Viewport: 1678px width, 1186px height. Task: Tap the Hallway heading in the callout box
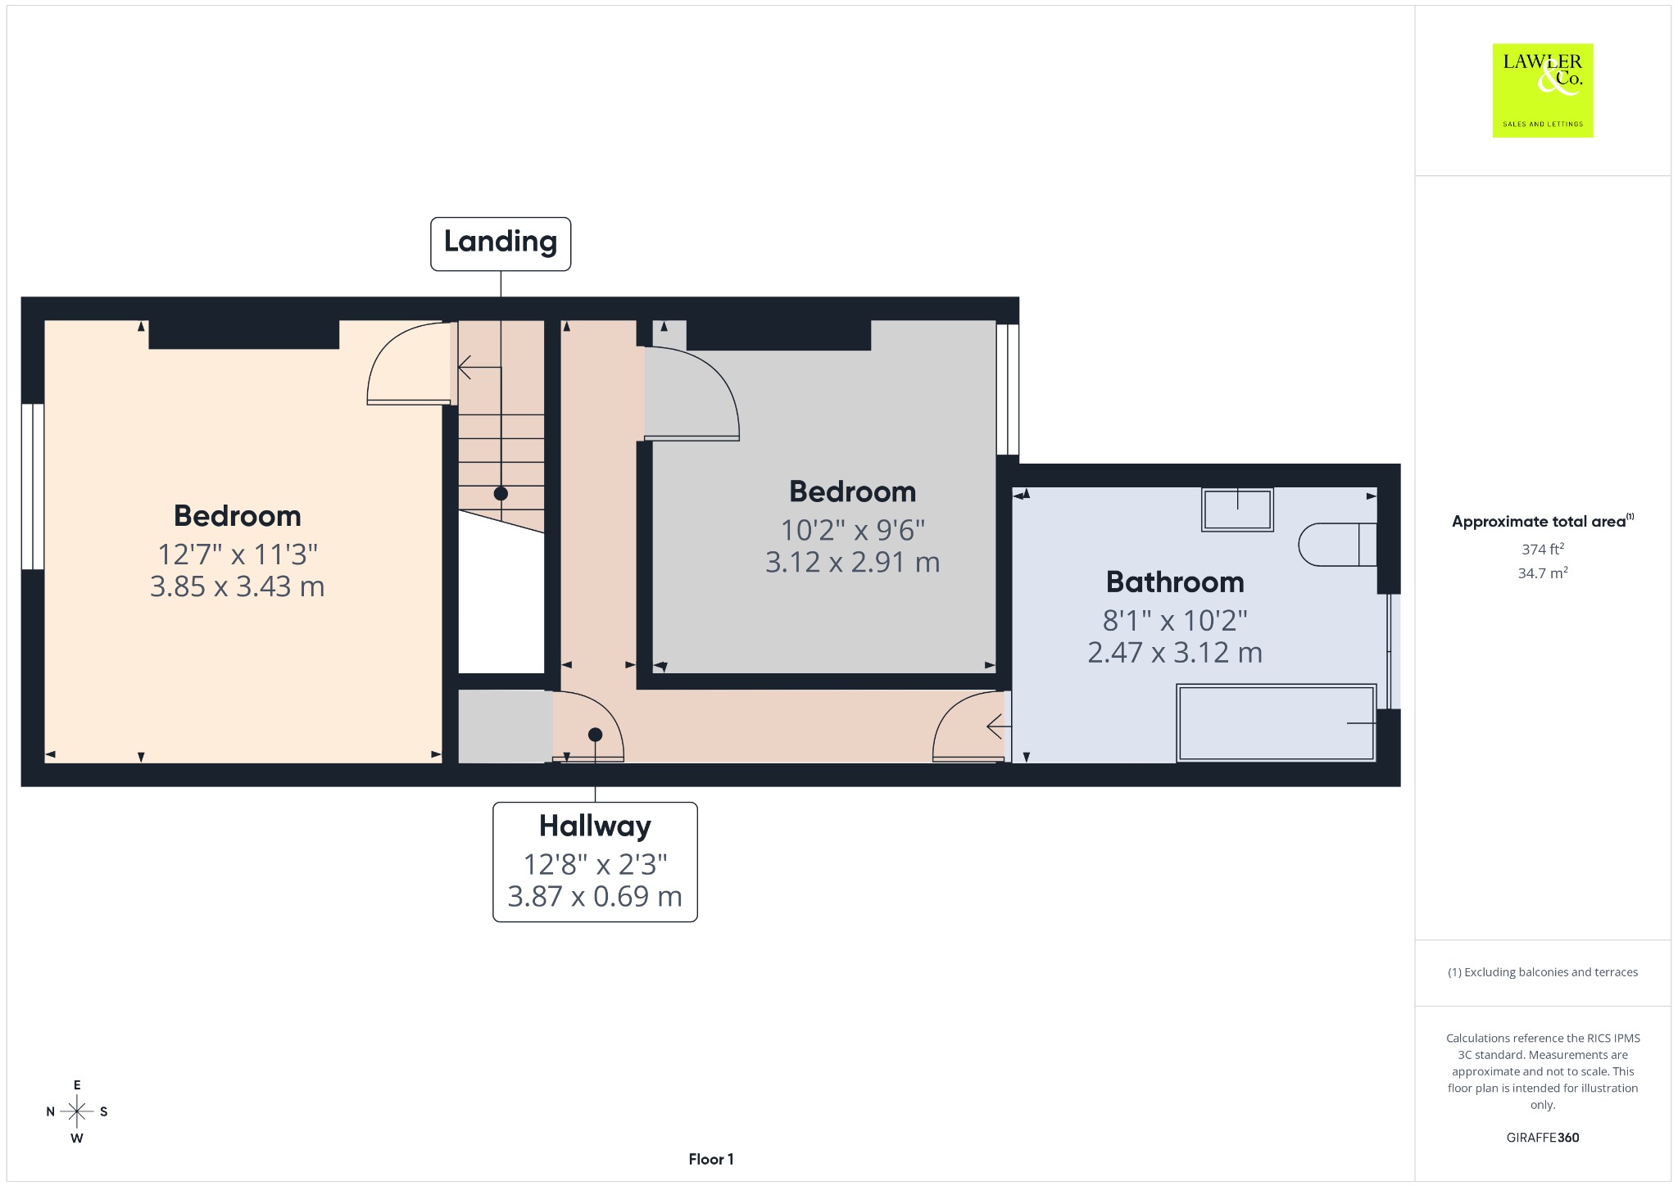pyautogui.click(x=595, y=826)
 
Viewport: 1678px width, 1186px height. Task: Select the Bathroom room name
pyautogui.click(x=1175, y=582)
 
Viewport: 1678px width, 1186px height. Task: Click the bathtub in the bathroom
pyautogui.click(x=1276, y=723)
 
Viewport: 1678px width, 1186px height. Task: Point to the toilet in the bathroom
pyautogui.click(x=1338, y=544)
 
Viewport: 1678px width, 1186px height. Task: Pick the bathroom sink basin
pyautogui.click(x=1237, y=509)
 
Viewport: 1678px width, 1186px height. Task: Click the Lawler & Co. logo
pyautogui.click(x=1543, y=90)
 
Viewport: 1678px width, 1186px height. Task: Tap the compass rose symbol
pyautogui.click(x=77, y=1111)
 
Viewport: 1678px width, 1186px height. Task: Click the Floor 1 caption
pyautogui.click(x=711, y=1159)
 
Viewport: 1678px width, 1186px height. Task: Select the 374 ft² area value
pyautogui.click(x=1543, y=549)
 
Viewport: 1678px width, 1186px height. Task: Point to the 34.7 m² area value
pyautogui.click(x=1543, y=573)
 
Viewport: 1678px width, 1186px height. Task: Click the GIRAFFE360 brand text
pyautogui.click(x=1543, y=1137)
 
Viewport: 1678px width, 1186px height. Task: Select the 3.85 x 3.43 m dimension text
pyautogui.click(x=238, y=586)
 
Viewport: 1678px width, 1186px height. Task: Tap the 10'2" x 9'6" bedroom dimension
pyautogui.click(x=852, y=530)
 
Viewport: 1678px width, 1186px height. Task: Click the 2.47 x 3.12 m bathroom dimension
pyautogui.click(x=1175, y=652)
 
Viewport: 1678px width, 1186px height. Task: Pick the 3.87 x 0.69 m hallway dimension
pyautogui.click(x=595, y=896)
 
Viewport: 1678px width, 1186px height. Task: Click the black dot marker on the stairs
pyautogui.click(x=501, y=494)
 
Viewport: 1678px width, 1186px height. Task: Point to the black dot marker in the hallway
pyautogui.click(x=596, y=735)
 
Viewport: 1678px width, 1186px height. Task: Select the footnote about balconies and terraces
pyautogui.click(x=1543, y=972)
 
